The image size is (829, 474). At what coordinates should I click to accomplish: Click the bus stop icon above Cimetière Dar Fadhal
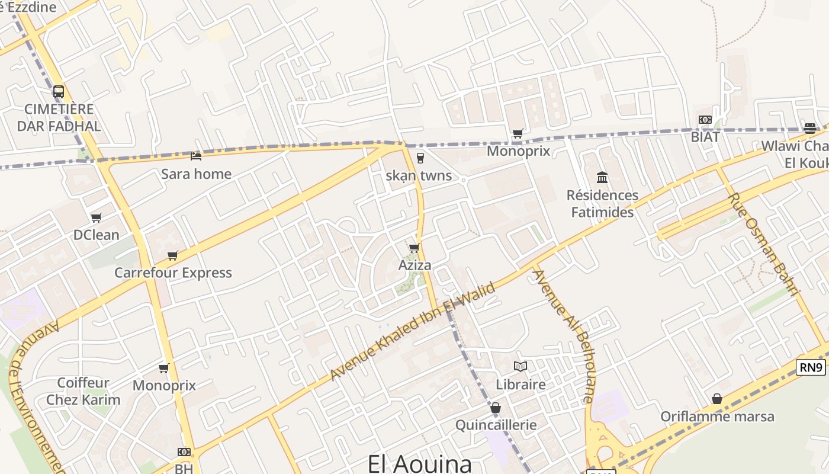(58, 92)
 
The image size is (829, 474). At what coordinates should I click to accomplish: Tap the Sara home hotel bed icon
(196, 156)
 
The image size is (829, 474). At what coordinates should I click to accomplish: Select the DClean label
(96, 235)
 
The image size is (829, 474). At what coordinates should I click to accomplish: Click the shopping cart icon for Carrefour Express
(172, 255)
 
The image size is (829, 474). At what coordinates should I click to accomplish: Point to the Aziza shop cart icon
(414, 248)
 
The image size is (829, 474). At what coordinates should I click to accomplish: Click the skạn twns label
(419, 175)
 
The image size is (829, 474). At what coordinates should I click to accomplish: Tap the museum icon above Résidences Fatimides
(602, 177)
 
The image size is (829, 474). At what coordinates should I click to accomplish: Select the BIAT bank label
(705, 137)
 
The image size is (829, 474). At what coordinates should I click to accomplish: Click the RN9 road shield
(811, 367)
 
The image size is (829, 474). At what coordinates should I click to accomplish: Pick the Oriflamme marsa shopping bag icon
(717, 399)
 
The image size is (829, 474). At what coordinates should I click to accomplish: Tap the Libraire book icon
(520, 367)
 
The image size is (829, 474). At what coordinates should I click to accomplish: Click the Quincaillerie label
(496, 425)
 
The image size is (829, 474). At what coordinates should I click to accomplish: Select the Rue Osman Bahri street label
(761, 243)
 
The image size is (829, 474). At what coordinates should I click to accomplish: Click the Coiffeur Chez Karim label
(83, 391)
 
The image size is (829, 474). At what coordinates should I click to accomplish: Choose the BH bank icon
(184, 452)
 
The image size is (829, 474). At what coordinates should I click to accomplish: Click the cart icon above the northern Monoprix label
(518, 133)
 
